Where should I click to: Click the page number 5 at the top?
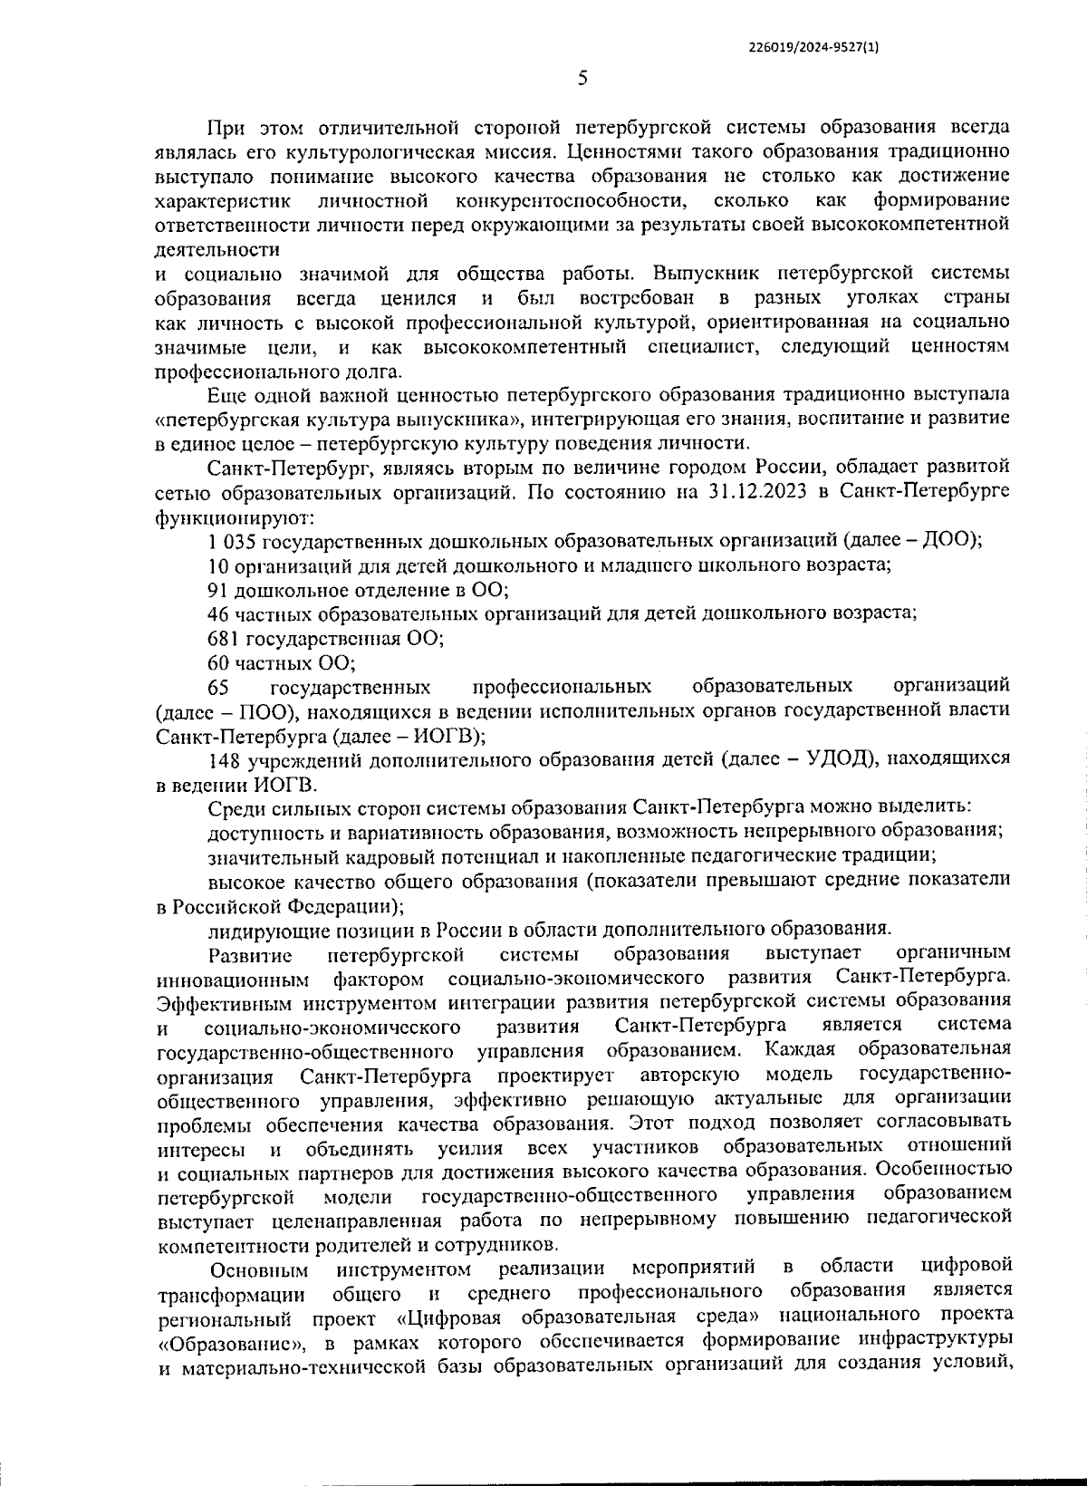582,79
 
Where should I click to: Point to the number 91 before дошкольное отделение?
217,590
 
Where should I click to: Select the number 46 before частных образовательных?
217,613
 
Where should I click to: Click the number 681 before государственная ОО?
223,638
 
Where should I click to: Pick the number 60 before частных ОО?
217,662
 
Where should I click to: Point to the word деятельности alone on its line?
217,248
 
